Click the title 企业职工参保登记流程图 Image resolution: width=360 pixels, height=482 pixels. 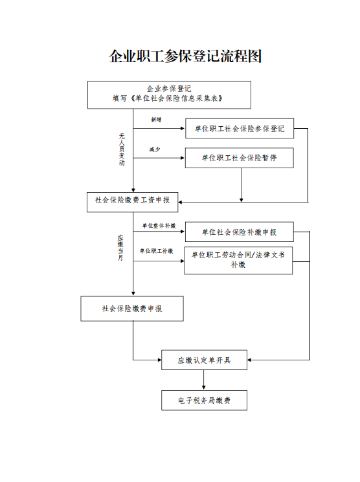tap(186, 56)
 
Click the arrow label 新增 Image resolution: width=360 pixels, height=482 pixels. tap(156, 120)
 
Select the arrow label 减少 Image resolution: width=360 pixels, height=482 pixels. tap(155, 149)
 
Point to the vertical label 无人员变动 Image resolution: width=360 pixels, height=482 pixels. tap(122, 149)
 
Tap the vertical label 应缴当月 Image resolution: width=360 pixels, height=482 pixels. tap(120, 248)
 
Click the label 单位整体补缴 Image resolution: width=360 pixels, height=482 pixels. tap(159, 226)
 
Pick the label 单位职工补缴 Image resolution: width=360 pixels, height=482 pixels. tap(156, 251)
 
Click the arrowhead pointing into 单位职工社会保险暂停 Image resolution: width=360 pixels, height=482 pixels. tap(183, 158)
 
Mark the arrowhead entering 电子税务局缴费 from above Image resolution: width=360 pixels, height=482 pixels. tap(204, 388)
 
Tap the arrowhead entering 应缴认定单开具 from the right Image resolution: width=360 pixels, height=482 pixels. tap(249, 360)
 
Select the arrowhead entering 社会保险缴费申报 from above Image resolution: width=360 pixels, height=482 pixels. tap(133, 294)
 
